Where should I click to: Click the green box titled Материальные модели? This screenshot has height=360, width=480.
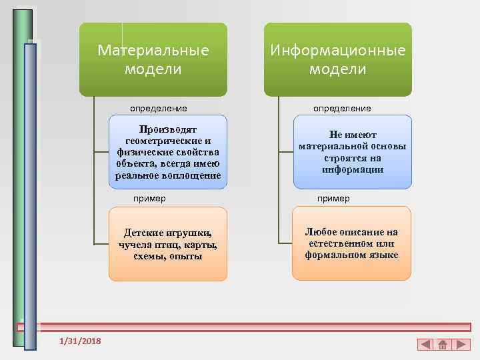click(153, 60)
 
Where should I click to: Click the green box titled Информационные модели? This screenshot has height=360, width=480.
click(337, 60)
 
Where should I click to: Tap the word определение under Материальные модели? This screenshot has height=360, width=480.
click(158, 108)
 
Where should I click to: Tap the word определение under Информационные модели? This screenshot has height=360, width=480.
click(343, 108)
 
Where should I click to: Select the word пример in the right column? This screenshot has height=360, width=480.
click(333, 198)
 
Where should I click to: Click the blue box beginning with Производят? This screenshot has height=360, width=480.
click(168, 151)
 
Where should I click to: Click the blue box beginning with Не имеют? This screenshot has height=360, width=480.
click(352, 151)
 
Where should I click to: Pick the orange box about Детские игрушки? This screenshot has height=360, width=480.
click(168, 244)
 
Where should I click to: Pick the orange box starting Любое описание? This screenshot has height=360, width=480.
click(352, 244)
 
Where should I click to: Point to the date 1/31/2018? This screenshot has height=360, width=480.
click(80, 341)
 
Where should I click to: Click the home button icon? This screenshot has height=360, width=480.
click(443, 345)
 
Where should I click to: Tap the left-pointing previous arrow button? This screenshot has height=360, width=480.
click(425, 345)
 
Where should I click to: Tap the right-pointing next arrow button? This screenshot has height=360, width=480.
click(460, 345)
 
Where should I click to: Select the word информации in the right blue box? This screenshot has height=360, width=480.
click(352, 169)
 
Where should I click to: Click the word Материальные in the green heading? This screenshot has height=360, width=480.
click(153, 51)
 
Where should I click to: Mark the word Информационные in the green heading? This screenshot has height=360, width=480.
click(337, 51)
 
